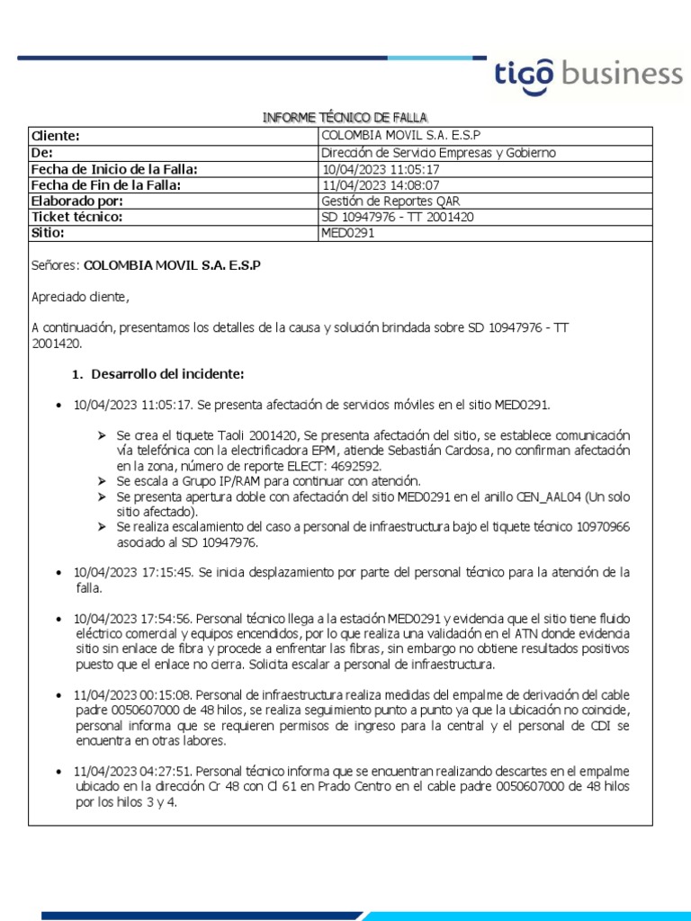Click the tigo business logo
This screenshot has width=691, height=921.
tap(588, 74)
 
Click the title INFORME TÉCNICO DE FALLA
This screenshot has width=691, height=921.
tap(345, 118)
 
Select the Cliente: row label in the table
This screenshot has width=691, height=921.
tap(56, 136)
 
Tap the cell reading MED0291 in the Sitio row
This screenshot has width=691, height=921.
tap(347, 234)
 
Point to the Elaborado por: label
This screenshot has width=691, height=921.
tap(76, 201)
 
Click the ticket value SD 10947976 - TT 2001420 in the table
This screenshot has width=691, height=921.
tap(398, 218)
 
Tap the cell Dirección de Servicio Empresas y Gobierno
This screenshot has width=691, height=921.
tap(438, 153)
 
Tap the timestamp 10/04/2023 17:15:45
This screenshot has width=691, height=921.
tap(133, 572)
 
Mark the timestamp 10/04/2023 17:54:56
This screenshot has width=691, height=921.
tap(133, 619)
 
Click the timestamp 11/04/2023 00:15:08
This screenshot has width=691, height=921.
tap(133, 695)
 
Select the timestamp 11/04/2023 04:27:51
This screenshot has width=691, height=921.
tap(133, 772)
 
